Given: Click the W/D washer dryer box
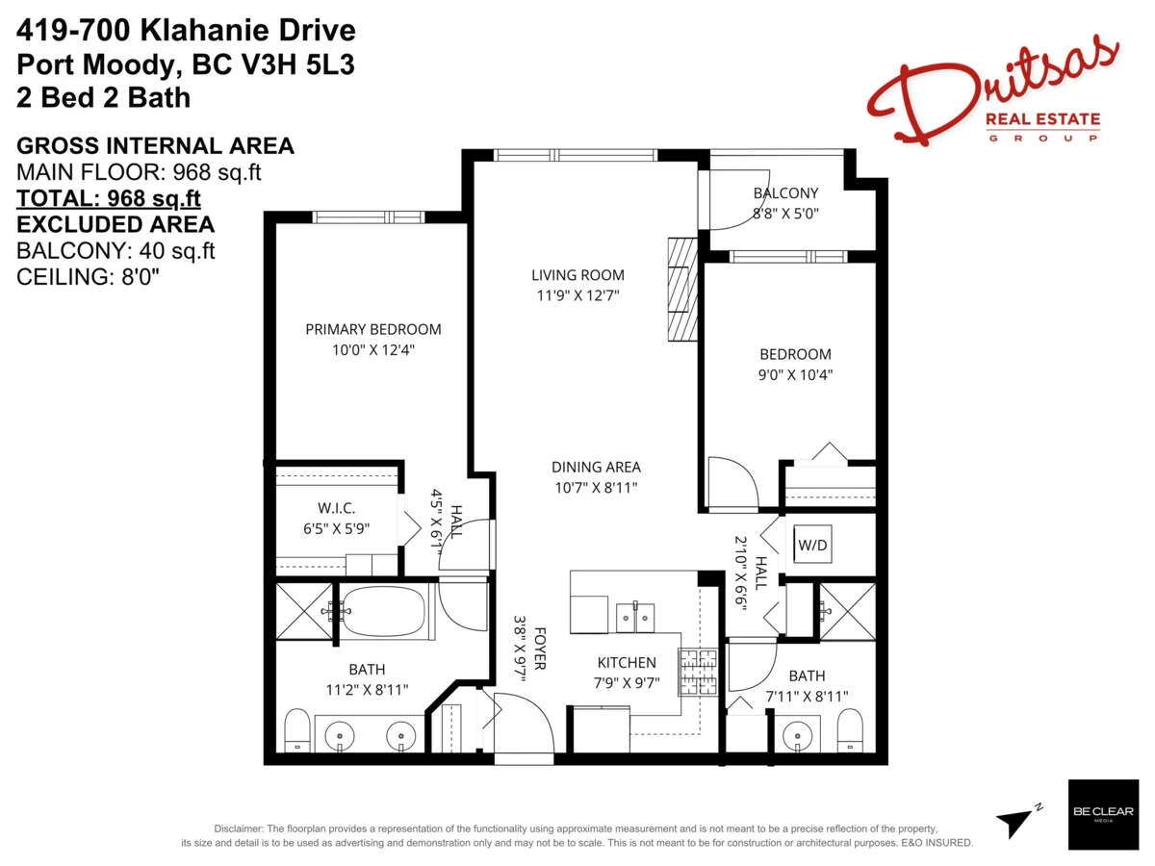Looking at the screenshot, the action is pos(812,545).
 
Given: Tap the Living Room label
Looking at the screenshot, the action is pos(577,275).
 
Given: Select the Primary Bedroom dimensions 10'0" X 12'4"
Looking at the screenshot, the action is pos(373,349).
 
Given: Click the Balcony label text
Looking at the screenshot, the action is pos(785,193).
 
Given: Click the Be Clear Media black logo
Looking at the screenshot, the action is pos(1103,814).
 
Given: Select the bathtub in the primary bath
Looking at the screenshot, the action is pos(384,612).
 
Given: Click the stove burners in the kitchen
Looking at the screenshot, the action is pos(697,673).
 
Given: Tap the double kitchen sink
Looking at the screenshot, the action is pos(635,618).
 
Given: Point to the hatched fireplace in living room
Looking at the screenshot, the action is pos(683,290).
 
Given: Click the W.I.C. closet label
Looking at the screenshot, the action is pos(336,508).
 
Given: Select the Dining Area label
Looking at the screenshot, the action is pos(596,467).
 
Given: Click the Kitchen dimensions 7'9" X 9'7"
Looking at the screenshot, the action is pos(627,682).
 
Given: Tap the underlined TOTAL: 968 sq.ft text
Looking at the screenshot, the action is pos(109,199).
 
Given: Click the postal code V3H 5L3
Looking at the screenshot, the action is pos(297,64).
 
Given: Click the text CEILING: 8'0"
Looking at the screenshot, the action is pos(88,277).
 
